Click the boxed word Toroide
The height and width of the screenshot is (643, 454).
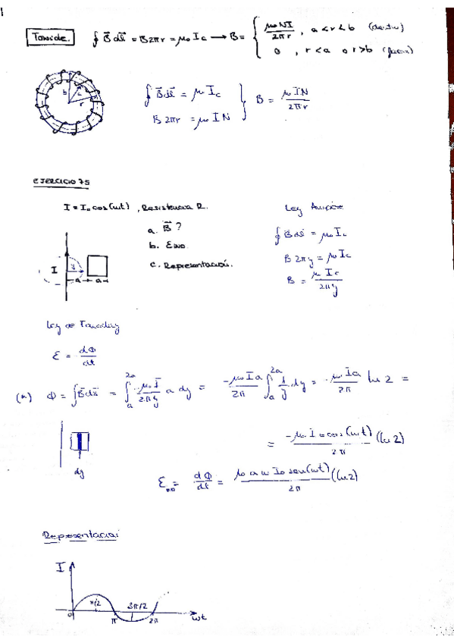tap(50, 36)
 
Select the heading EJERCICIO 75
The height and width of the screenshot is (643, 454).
tap(61, 181)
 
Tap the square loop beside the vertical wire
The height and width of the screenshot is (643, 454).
tap(97, 266)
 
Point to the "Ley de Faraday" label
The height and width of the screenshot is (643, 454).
tap(83, 327)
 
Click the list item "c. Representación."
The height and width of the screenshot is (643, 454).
tap(190, 265)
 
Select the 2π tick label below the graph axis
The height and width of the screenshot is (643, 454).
tap(152, 620)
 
